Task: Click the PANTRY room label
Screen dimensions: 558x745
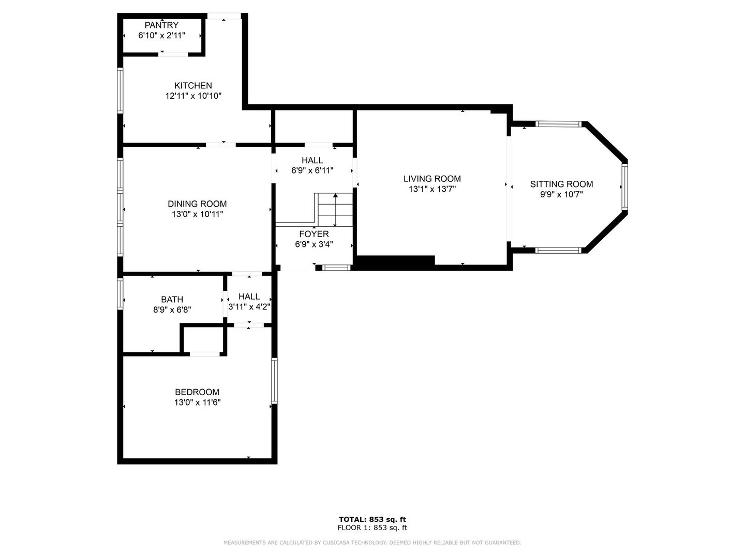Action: tap(161, 25)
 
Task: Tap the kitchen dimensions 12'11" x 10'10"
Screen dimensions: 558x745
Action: tap(193, 96)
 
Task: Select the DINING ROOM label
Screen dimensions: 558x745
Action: tap(197, 204)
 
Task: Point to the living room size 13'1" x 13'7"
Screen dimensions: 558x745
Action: tap(432, 189)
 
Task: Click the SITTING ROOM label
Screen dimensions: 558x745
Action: tap(561, 184)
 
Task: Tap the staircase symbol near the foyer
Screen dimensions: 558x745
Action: tap(335, 209)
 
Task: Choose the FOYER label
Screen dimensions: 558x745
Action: tap(314, 234)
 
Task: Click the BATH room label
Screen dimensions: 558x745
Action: tap(172, 299)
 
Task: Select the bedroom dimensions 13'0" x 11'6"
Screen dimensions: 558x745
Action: tap(197, 402)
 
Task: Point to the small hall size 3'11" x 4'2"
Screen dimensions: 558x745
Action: tap(249, 307)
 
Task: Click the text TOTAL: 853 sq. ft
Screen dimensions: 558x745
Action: tap(373, 519)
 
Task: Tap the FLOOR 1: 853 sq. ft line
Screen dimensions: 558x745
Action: tap(373, 528)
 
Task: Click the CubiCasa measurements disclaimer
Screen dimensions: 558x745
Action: tap(373, 542)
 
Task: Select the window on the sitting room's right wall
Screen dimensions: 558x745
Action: tap(624, 186)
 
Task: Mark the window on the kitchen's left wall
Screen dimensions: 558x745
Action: tap(120, 91)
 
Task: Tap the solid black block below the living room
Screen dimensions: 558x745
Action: tap(396, 262)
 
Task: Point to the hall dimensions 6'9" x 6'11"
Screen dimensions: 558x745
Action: tap(312, 171)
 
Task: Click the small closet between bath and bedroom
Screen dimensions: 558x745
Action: tap(204, 339)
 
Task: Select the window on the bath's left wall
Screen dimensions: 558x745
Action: tap(120, 293)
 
